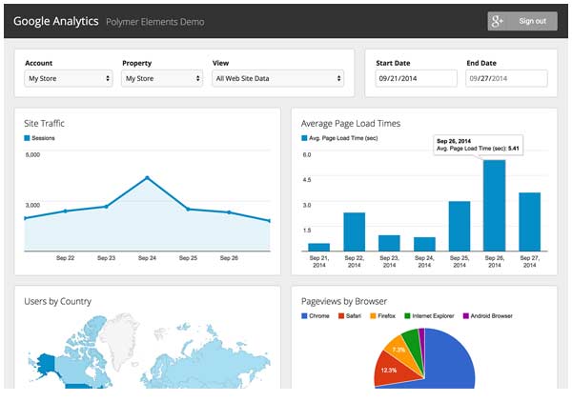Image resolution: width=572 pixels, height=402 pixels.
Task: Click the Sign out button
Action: tap(522, 21)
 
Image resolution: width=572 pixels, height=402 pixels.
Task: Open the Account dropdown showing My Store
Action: tap(69, 78)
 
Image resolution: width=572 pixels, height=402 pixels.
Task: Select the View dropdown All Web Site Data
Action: tap(278, 78)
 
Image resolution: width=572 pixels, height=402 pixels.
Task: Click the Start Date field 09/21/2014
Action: tap(416, 78)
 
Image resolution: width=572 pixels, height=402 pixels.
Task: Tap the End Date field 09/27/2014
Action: tap(506, 78)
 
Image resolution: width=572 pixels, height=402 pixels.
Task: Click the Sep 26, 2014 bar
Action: tap(494, 206)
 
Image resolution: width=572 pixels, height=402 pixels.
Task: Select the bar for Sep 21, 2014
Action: tap(318, 247)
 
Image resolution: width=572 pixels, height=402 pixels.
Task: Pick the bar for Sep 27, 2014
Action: tap(530, 222)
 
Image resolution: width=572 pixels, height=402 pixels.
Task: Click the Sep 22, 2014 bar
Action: tap(355, 231)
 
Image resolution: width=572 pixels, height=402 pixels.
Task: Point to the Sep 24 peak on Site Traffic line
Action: tap(147, 178)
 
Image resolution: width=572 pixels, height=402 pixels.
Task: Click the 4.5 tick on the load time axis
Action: tap(307, 180)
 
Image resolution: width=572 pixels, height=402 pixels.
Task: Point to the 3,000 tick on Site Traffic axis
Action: tap(32, 205)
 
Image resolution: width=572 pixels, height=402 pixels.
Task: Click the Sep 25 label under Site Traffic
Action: tap(188, 258)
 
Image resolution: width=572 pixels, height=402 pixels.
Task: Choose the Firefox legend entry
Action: tap(382, 316)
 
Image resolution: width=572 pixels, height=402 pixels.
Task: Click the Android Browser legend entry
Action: tap(488, 316)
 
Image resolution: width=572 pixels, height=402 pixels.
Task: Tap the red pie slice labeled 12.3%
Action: tap(392, 369)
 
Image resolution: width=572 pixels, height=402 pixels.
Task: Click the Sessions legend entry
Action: tap(39, 138)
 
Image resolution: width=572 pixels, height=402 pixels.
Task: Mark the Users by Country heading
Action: tap(57, 301)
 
